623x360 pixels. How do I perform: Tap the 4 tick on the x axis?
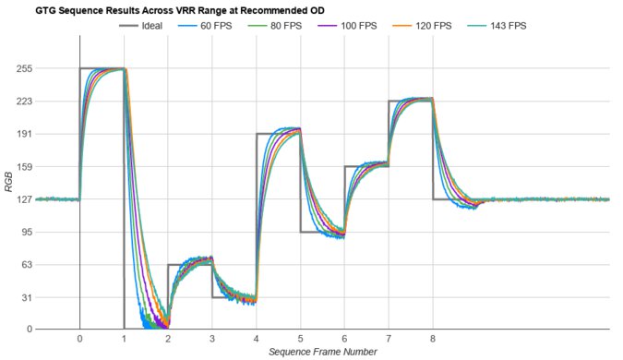click(257, 339)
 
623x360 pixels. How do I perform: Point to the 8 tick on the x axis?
click(433, 339)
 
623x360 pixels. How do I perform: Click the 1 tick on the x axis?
click(124, 339)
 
